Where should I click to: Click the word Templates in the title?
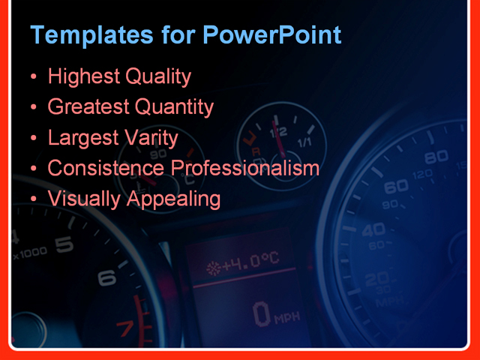(82, 35)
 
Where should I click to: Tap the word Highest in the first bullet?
(79, 76)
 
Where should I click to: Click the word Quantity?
(175, 107)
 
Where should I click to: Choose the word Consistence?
(106, 168)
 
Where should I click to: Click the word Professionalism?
(246, 168)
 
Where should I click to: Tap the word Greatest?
(88, 107)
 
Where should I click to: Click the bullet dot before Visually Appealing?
(34, 199)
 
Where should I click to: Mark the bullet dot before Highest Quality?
(34, 77)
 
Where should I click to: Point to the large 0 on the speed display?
(261, 314)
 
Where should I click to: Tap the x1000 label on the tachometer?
(30, 253)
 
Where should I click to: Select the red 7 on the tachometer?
(125, 328)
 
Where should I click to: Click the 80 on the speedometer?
(436, 159)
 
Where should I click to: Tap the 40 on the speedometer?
(373, 229)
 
